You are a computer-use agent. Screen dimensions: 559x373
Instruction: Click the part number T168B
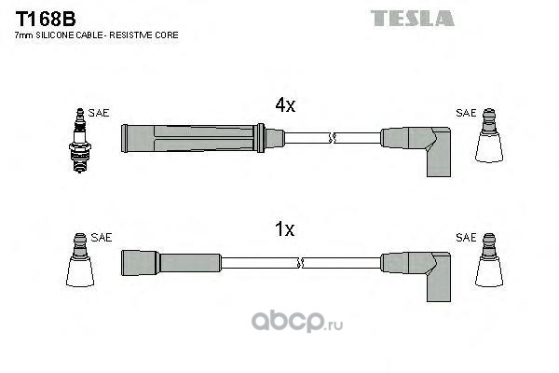46,19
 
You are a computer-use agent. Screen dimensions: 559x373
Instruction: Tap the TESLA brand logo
412,19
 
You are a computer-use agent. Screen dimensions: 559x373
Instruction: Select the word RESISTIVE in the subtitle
130,35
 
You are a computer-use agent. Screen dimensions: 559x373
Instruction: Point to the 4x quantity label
285,105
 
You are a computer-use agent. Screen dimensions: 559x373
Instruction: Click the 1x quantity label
284,229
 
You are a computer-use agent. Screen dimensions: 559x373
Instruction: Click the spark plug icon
80,141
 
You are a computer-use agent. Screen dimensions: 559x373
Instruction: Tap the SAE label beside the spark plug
99,113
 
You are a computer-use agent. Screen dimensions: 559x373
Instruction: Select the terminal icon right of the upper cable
489,135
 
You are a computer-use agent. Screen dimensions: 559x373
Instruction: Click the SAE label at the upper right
466,113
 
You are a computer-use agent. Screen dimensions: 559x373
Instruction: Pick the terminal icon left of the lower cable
80,260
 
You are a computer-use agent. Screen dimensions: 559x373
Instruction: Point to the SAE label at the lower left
102,238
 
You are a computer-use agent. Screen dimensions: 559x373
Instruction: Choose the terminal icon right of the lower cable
489,260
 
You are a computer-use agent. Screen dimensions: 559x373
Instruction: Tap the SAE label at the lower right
466,238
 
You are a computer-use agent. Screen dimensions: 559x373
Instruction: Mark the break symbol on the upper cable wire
333,138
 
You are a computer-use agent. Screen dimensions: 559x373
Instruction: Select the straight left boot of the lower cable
171,263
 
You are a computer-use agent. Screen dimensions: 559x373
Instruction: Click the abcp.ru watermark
297,322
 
